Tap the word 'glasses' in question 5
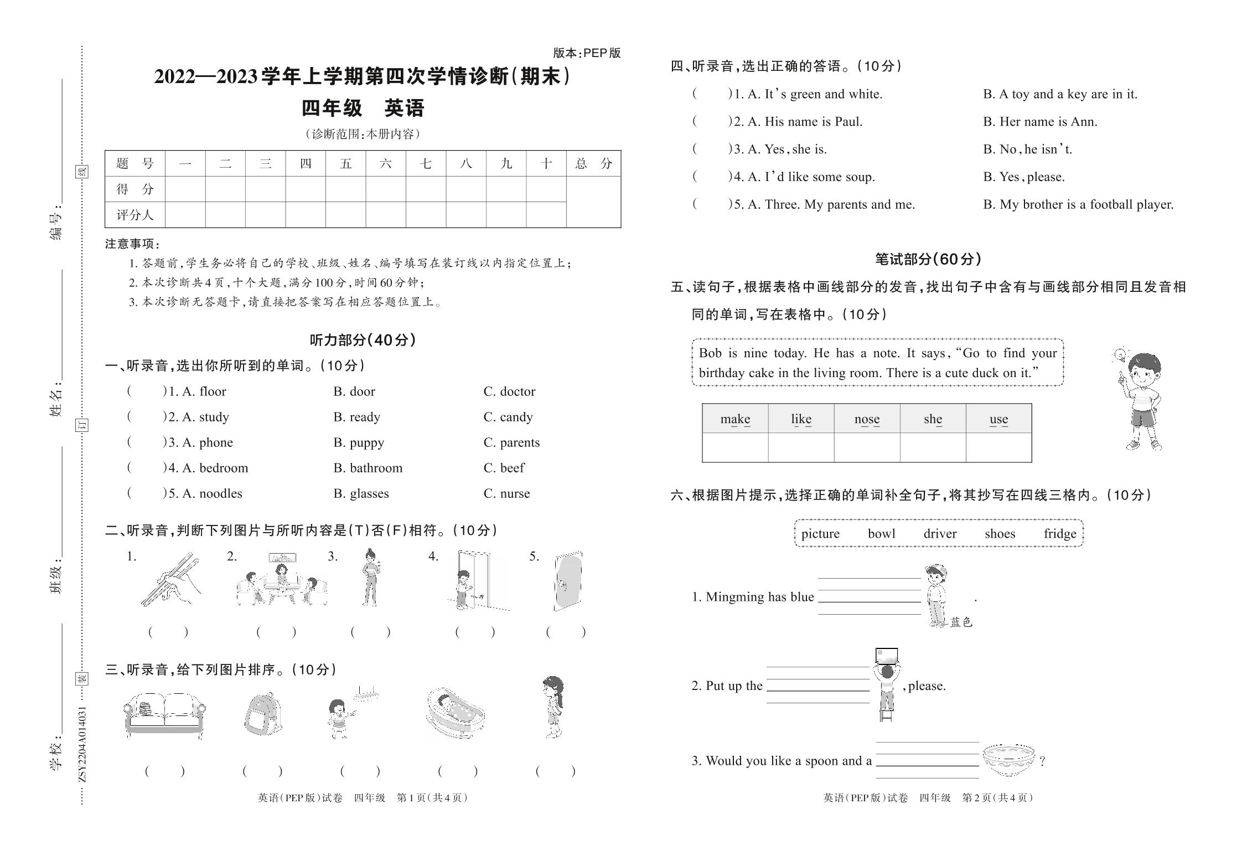(369, 493)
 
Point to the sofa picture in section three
(164, 715)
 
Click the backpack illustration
(263, 714)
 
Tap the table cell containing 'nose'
(867, 419)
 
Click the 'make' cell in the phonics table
(735, 419)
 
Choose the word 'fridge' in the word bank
(1059, 533)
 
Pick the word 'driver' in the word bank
(940, 533)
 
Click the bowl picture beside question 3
(1008, 759)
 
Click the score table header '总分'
(593, 163)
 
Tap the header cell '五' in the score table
(346, 163)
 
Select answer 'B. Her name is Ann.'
(1040, 122)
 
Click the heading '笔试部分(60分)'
(928, 259)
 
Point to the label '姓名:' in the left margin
(56, 399)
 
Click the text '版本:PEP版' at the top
(587, 53)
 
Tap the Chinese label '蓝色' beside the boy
(961, 622)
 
